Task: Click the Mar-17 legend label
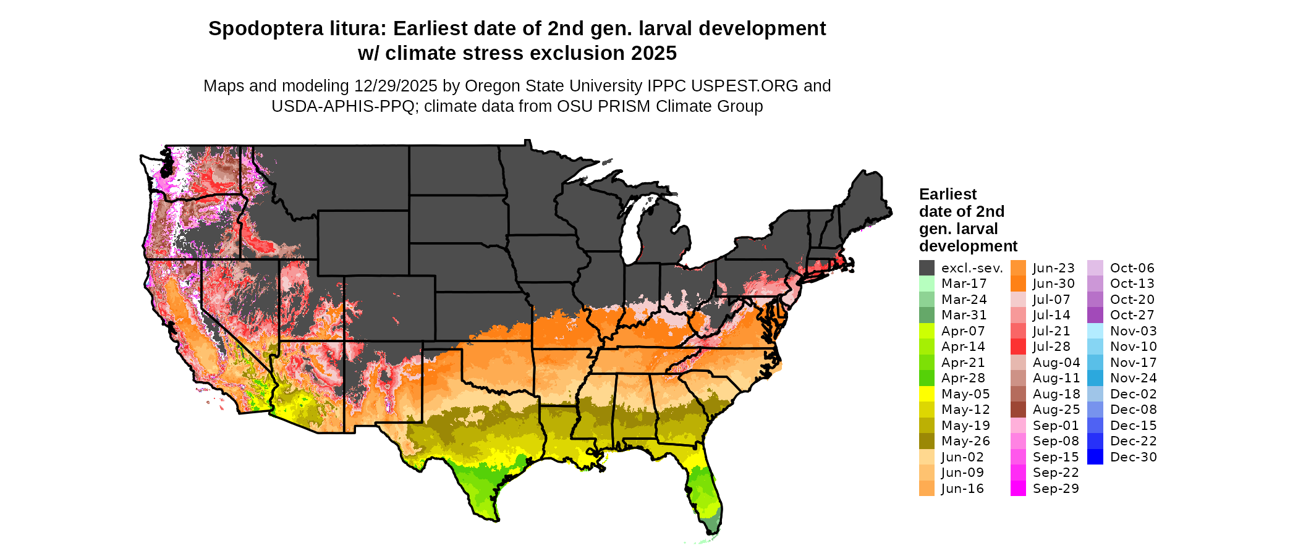[964, 284]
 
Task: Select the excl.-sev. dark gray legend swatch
[927, 268]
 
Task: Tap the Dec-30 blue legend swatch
[1095, 457]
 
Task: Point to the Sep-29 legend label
[1056, 489]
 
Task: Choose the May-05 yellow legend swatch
[927, 394]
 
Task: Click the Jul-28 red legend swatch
[1018, 347]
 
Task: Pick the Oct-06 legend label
[1132, 268]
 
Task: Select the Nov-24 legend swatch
[1095, 378]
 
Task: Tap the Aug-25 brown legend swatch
[1018, 410]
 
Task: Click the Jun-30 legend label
[1054, 284]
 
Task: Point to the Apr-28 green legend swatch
[927, 378]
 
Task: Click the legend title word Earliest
[948, 195]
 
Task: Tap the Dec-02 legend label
[1133, 394]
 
